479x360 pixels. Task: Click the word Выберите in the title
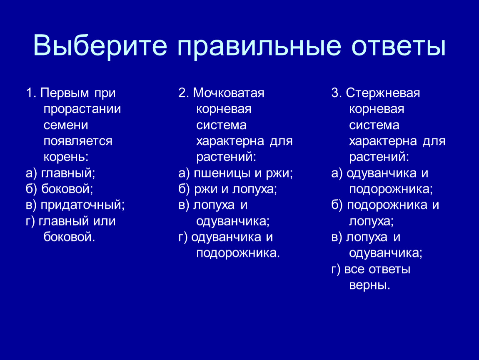click(100, 46)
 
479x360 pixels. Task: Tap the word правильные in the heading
click(259, 46)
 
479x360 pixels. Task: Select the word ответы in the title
click(399, 46)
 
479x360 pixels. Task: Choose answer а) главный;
click(60, 173)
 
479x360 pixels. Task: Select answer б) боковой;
click(60, 189)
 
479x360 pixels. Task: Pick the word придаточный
click(83, 205)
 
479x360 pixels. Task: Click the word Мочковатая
click(229, 93)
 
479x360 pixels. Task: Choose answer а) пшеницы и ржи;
click(236, 173)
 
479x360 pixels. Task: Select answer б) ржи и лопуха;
click(227, 189)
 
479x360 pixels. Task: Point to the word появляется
click(78, 141)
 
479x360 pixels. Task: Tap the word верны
click(369, 285)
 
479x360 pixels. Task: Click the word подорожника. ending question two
click(238, 253)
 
